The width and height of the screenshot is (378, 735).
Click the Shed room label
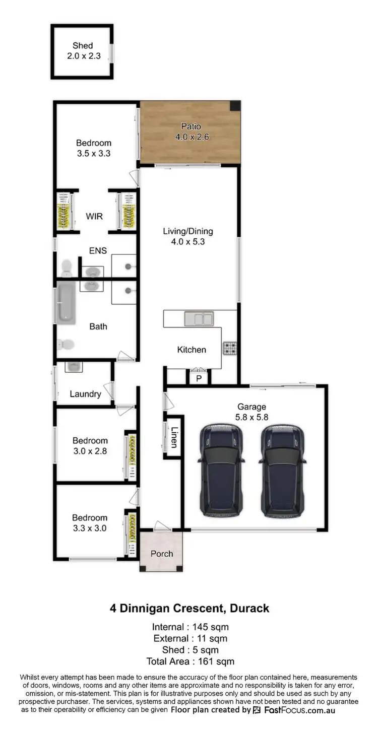(83, 46)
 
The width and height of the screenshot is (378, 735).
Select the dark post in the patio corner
(235, 106)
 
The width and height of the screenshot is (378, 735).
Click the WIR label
(94, 217)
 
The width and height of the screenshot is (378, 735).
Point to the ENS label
(98, 250)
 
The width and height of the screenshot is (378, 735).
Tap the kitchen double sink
(199, 318)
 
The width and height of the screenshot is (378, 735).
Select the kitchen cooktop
(230, 348)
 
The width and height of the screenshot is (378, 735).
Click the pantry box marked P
(199, 378)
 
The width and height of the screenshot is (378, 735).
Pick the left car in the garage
(222, 470)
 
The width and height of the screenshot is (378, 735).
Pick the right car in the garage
(282, 470)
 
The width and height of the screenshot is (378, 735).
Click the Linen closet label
(173, 437)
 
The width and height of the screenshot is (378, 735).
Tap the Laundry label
(85, 394)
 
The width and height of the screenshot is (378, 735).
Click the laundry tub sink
(74, 366)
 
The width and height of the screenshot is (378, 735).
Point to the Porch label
(162, 554)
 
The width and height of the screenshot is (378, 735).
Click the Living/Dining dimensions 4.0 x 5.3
(188, 242)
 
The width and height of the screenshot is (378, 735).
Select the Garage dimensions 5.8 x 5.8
(252, 417)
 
